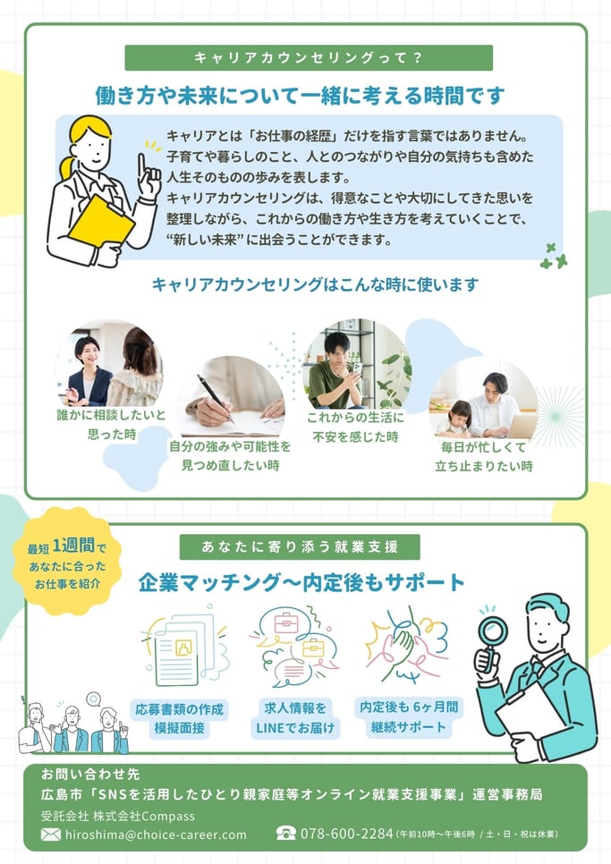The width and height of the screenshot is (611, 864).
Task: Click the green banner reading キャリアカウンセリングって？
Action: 309,58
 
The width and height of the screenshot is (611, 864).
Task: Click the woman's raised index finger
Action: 142,166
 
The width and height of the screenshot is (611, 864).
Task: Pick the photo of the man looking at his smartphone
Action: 356,364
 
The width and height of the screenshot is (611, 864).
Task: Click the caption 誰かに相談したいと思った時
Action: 111,424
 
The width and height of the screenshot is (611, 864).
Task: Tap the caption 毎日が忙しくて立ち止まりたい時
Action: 484,456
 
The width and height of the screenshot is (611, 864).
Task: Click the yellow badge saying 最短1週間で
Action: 67,561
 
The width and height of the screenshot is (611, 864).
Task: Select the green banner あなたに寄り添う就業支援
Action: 300,546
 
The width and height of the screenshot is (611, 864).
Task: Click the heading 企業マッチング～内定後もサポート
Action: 301,582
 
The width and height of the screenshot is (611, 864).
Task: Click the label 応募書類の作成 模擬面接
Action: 180,718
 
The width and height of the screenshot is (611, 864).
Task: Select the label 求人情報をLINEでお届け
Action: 295,718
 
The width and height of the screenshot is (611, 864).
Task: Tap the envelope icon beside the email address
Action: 51,834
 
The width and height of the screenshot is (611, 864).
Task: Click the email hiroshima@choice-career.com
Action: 156,834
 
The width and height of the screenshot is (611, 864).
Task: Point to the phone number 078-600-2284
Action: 346,834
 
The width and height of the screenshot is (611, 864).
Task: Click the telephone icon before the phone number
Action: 286,834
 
